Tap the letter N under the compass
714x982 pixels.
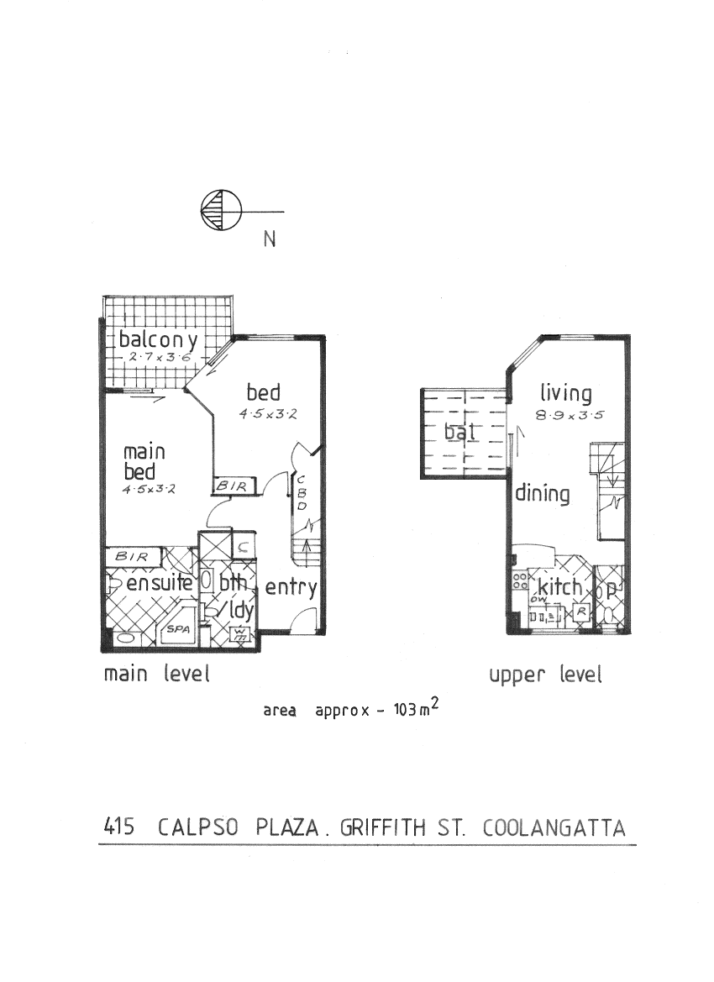[x=270, y=239]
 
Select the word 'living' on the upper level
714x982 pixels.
[x=565, y=393]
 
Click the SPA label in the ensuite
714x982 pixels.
[x=177, y=628]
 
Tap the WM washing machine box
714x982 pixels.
[x=241, y=632]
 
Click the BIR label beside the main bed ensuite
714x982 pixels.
[x=132, y=556]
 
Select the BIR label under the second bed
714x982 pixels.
[x=230, y=486]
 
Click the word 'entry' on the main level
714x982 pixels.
[x=291, y=588]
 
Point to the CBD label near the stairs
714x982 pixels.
[x=300, y=493]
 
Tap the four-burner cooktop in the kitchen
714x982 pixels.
[x=519, y=580]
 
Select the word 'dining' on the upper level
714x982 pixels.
[x=542, y=494]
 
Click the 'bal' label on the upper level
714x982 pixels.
[x=460, y=433]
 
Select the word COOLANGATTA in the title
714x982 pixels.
[x=554, y=828]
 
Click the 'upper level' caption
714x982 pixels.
[x=546, y=675]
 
